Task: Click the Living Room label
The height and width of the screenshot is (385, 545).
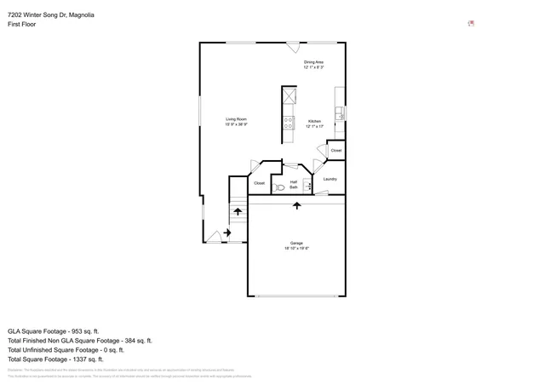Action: pos(236,121)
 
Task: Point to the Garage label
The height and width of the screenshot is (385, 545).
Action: pos(296,245)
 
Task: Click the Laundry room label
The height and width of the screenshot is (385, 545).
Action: pos(330,179)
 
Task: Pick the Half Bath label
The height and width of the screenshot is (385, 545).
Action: pos(294,184)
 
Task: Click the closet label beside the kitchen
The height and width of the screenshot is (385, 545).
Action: pos(336,151)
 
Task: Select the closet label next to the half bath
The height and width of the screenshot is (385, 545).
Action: pos(259,183)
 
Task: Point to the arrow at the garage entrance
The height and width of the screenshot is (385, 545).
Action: pos(296,205)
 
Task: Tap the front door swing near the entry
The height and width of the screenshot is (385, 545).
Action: pos(215,237)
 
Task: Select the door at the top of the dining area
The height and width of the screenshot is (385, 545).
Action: pos(293,48)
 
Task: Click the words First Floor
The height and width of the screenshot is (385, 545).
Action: pos(23,25)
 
